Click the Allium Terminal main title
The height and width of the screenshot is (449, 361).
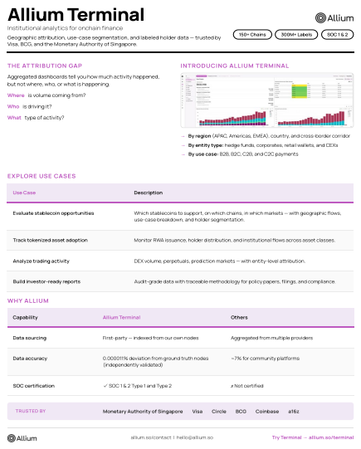76,16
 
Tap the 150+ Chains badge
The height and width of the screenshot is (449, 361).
251,35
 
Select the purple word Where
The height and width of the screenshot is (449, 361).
16,95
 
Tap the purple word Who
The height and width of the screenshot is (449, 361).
13,106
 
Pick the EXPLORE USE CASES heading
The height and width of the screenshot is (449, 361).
41,176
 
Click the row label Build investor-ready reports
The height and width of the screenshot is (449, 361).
46,281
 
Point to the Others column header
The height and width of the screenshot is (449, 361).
239,317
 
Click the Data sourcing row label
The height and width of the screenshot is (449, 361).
30,339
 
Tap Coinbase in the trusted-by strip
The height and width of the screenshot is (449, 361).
268,411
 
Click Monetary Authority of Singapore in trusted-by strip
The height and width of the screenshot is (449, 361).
142,411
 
